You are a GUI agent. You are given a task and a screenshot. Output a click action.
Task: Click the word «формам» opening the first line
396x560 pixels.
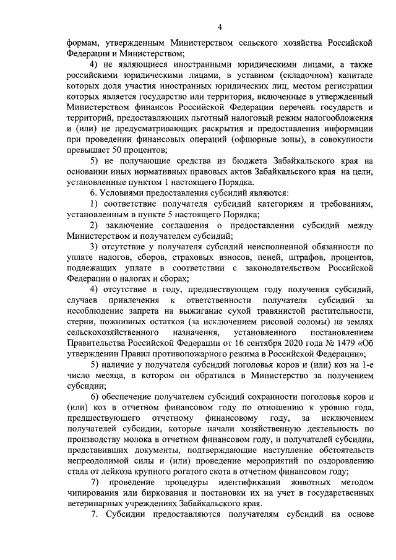[x=83, y=42]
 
